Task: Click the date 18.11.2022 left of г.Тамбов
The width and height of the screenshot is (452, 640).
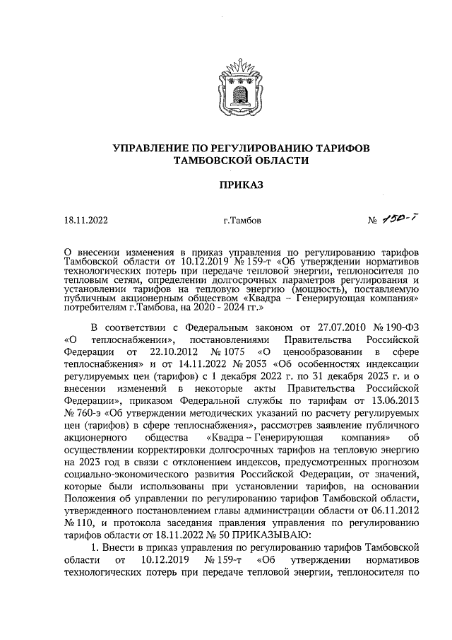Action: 85,221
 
